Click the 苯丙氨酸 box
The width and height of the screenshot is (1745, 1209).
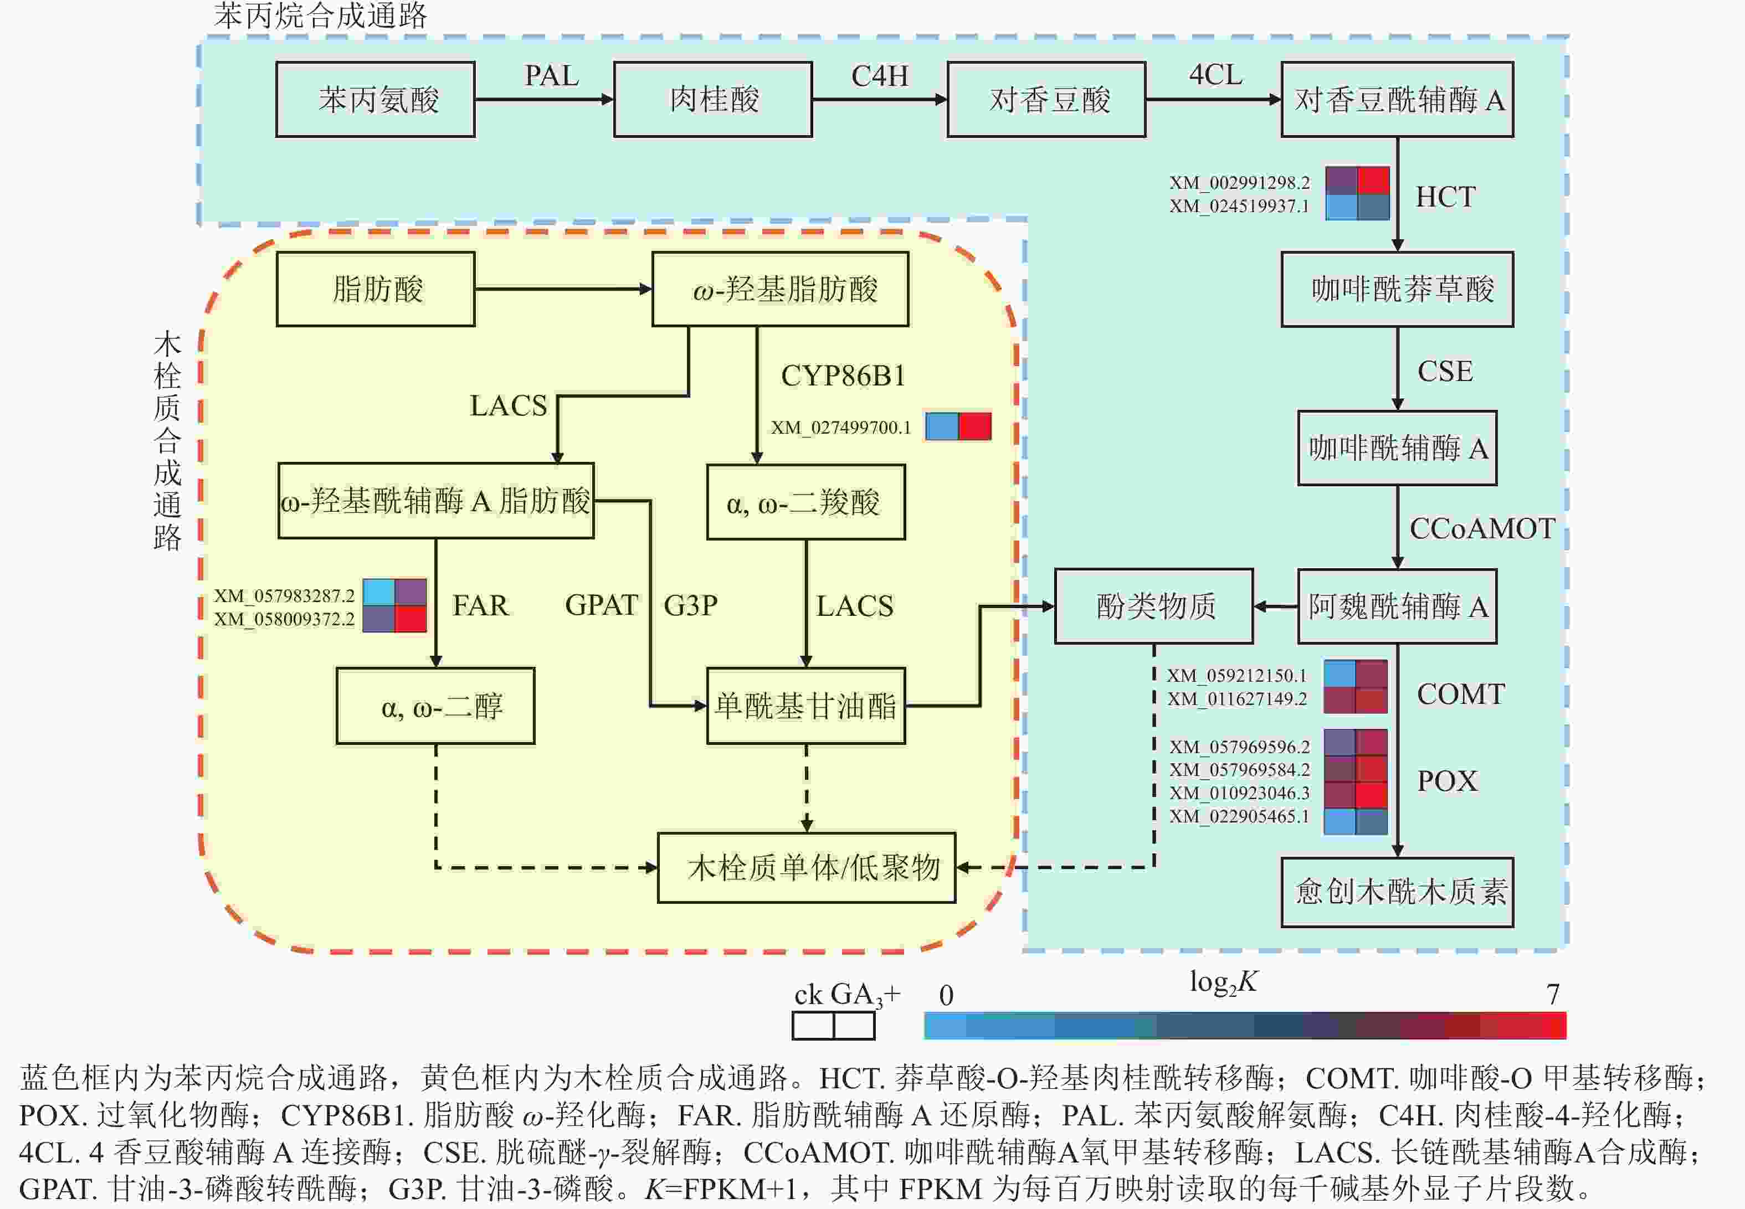coord(376,99)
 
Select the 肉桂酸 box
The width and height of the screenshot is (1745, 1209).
coord(713,99)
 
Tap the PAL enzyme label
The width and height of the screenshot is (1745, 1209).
coord(552,76)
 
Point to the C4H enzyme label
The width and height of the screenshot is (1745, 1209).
coord(880,76)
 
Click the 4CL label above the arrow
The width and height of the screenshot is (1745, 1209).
coord(1215,75)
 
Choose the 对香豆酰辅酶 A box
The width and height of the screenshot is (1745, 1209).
coord(1397,99)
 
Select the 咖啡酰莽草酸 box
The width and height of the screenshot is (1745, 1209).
coord(1397,289)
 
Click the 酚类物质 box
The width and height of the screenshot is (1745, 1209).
coord(1154,606)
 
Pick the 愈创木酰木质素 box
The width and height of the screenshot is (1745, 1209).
coord(1397,892)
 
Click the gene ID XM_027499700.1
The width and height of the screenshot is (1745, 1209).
coord(841,427)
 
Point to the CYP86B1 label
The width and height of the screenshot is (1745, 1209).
coord(843,375)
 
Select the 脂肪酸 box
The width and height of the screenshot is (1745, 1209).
coord(376,289)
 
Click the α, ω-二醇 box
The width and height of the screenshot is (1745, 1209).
coord(435,706)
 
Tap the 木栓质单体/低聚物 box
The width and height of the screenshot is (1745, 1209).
coord(806,867)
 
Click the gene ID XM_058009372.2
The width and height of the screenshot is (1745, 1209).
coord(284,619)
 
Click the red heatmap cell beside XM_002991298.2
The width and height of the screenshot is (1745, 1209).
coord(1373,181)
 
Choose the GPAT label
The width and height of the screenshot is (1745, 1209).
coord(602,605)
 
